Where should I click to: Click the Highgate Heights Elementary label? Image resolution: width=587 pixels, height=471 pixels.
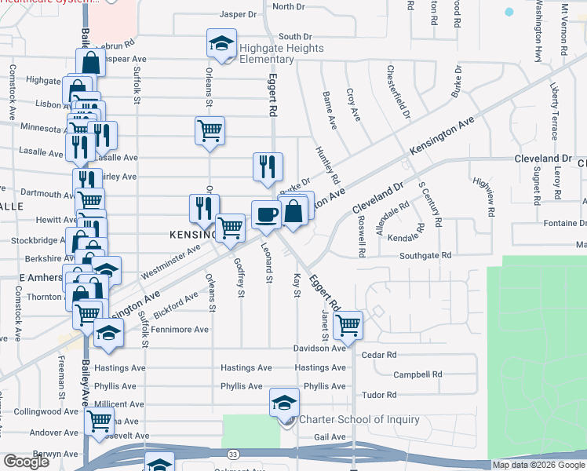tap(271, 53)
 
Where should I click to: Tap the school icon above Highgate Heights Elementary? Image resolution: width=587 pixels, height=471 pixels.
tap(221, 43)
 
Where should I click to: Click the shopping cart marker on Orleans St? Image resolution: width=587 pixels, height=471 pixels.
tap(210, 130)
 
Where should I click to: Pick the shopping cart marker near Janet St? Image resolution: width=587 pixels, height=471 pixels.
tap(348, 324)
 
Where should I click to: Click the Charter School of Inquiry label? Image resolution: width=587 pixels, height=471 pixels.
tap(359, 419)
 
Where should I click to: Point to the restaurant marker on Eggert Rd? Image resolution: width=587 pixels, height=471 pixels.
tap(268, 167)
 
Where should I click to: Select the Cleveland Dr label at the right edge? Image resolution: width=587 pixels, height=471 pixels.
tap(541, 158)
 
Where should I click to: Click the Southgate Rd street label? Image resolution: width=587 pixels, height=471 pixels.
tap(425, 255)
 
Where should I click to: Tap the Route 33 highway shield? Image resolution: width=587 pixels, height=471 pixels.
tap(233, 453)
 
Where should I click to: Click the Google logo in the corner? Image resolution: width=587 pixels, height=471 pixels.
tap(26, 462)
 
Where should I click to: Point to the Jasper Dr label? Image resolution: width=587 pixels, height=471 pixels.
tap(239, 14)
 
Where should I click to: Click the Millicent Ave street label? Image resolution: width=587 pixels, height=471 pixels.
tap(119, 404)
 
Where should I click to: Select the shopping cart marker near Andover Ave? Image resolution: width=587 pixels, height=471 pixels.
tap(100, 422)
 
